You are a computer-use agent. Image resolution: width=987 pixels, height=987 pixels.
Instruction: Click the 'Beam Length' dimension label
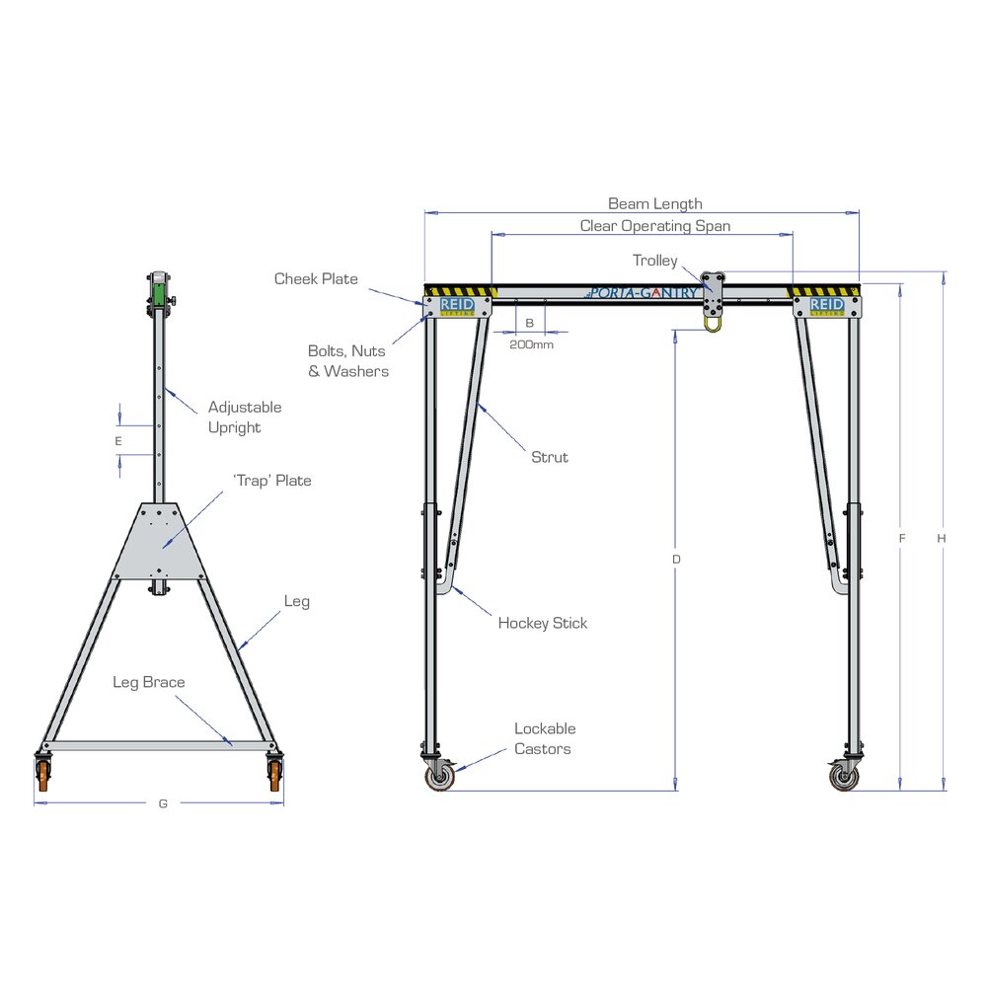(x=654, y=204)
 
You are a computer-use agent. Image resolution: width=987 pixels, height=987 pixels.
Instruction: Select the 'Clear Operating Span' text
(x=654, y=226)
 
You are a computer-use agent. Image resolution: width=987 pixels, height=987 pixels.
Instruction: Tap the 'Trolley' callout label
(x=654, y=261)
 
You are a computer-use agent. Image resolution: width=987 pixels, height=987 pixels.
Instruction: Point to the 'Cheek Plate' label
(x=316, y=279)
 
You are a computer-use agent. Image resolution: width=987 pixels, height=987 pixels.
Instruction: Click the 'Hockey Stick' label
(x=542, y=623)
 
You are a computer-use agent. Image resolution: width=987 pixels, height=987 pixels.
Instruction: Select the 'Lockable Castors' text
(x=544, y=738)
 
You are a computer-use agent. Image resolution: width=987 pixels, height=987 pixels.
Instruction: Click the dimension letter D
(x=676, y=559)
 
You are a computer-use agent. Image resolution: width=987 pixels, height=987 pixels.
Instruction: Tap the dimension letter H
(x=942, y=539)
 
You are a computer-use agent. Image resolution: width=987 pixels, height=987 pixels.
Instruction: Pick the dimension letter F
(x=902, y=539)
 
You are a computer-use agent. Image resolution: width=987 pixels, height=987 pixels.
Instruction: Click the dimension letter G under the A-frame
(x=163, y=803)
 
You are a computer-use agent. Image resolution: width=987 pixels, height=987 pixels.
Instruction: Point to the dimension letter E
(x=118, y=440)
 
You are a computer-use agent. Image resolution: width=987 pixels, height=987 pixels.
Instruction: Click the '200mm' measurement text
(x=531, y=344)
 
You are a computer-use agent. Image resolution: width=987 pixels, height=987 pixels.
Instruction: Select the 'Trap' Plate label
(x=271, y=481)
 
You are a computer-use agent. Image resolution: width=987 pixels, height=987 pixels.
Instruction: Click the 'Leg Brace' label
(x=148, y=682)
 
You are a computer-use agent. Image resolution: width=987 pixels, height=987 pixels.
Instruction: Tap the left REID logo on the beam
(x=457, y=306)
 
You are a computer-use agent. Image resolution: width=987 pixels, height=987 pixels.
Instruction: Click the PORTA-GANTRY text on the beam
(x=643, y=293)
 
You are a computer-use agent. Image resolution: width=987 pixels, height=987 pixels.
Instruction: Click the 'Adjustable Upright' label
(x=243, y=417)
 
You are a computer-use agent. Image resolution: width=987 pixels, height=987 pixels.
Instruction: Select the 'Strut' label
(x=550, y=457)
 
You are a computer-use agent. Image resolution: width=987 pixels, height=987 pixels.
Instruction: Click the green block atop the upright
(x=158, y=294)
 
